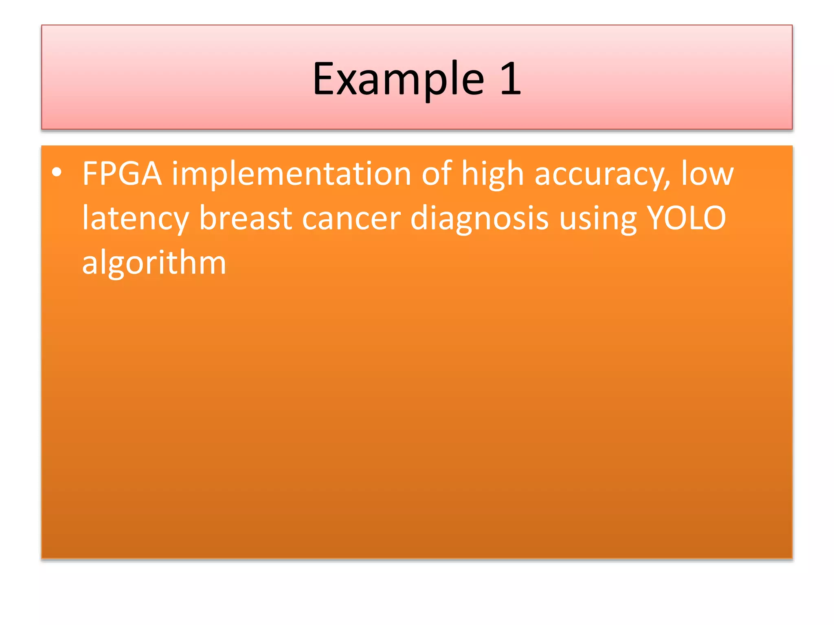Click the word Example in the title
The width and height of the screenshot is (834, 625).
click(398, 79)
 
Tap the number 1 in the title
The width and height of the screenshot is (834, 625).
click(511, 79)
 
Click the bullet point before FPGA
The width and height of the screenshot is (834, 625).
click(57, 173)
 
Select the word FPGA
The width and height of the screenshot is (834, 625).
click(122, 174)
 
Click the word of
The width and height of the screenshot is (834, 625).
click(436, 173)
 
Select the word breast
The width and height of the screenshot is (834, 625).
click(246, 218)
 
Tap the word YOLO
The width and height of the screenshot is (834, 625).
click(686, 218)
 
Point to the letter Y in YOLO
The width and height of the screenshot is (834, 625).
click(656, 218)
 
